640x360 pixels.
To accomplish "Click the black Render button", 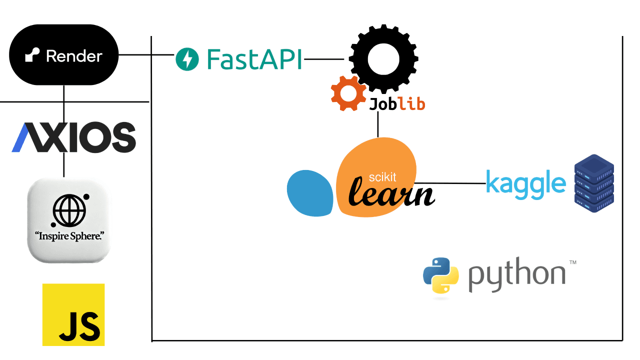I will [x=64, y=55].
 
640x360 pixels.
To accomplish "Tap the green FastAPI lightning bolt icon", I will [x=187, y=59].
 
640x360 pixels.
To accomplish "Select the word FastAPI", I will [x=254, y=59].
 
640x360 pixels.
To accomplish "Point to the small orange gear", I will [x=348, y=93].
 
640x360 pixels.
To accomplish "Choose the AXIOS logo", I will [x=73, y=137].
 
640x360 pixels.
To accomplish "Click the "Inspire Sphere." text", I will [x=68, y=234].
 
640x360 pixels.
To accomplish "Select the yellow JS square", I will [x=73, y=314].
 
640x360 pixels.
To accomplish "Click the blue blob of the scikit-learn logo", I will [x=310, y=193].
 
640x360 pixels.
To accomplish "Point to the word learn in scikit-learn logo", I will [x=391, y=192].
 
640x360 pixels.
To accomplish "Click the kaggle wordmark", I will [x=525, y=183].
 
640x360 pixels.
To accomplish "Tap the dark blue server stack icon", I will [x=594, y=183].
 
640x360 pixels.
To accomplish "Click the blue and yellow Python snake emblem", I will [x=441, y=277].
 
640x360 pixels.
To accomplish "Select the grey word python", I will [x=516, y=276].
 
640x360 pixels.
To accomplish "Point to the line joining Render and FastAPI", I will [x=146, y=54].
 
